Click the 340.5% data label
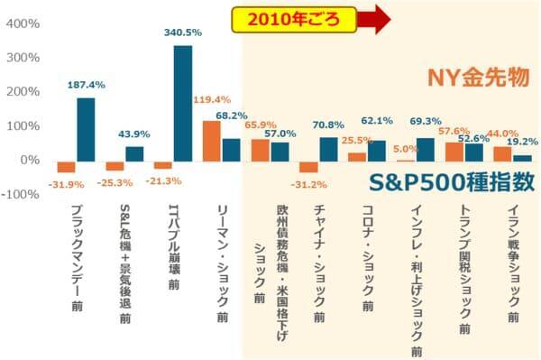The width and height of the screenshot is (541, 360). pyautogui.click(x=183, y=32)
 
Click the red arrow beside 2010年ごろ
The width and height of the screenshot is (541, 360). pyautogui.click(x=368, y=16)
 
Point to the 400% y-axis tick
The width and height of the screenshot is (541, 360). pyautogui.click(x=21, y=23)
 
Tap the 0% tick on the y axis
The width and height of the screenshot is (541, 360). pyautogui.click(x=28, y=161)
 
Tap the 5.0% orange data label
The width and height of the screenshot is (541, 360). pyautogui.click(x=406, y=149)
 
